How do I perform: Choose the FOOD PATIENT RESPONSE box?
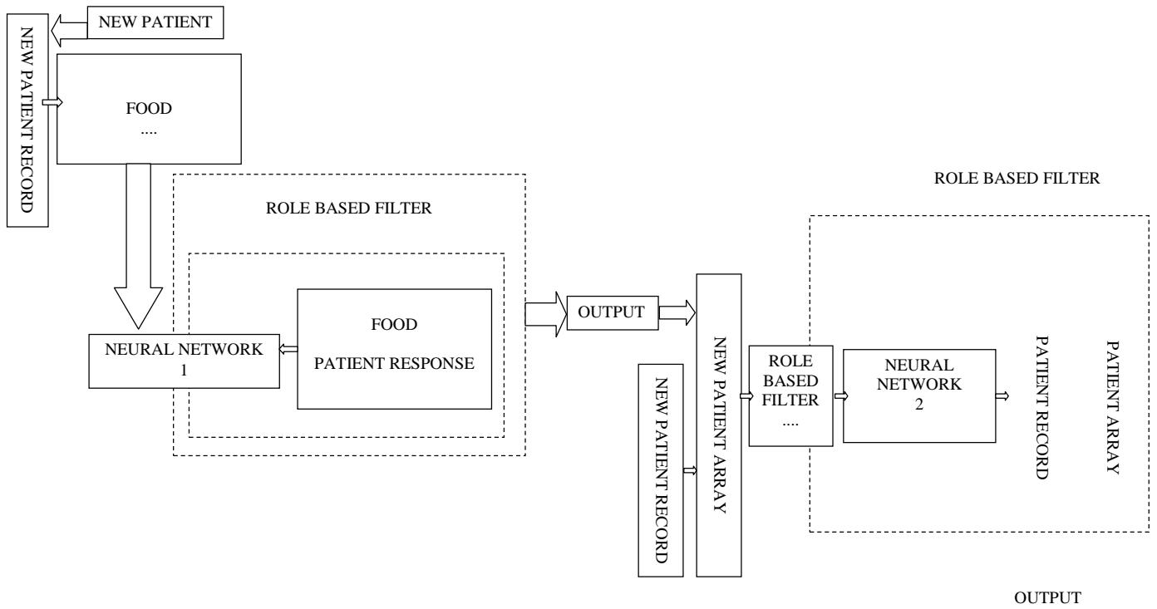coord(393,348)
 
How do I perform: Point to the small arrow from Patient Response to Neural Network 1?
coord(288,350)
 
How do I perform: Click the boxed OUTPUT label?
coord(612,312)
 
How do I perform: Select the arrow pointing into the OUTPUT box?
coord(545,313)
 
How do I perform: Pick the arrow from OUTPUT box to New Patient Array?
coord(677,313)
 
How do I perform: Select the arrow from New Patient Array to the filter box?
coord(744,396)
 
